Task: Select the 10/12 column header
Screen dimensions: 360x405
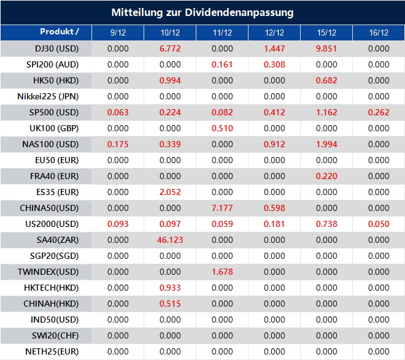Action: point(169,33)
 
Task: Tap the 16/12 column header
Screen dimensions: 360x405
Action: point(379,33)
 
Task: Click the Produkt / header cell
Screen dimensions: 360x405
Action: point(60,32)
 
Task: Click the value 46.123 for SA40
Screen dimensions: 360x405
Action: point(169,240)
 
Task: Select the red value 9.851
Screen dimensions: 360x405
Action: point(326,48)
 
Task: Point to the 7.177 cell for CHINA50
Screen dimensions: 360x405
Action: point(222,208)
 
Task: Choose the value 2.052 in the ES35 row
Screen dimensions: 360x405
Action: point(169,192)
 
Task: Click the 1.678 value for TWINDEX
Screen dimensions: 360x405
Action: point(222,272)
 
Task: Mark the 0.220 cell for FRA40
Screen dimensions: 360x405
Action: point(326,176)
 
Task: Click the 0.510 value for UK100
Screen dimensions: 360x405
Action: point(222,128)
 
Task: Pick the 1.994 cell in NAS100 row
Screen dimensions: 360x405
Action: point(326,144)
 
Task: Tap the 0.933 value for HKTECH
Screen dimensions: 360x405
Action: point(169,288)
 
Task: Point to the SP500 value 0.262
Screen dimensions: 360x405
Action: point(379,112)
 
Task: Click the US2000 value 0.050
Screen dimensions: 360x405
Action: point(379,224)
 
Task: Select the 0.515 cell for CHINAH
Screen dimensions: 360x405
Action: point(169,304)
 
